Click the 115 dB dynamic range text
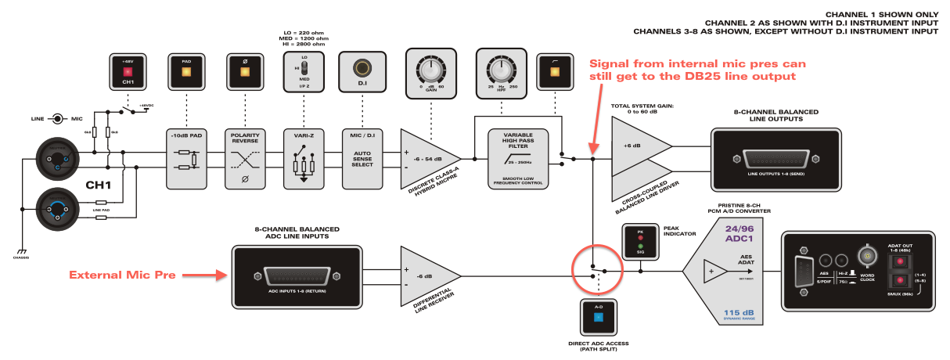(x=737, y=312)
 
